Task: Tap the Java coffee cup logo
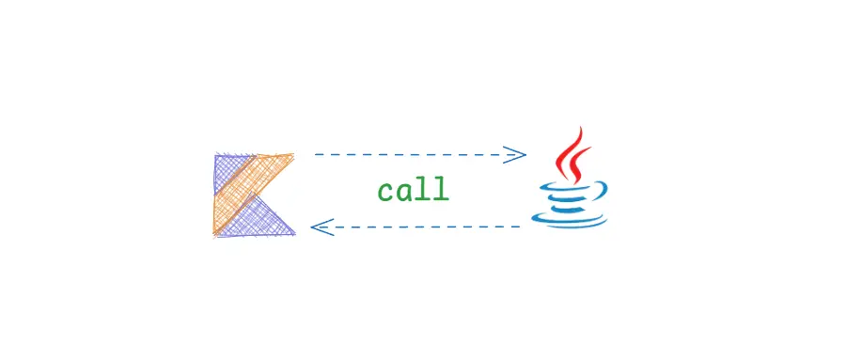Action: tap(571, 179)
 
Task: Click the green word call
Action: tap(414, 190)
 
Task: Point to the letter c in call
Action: tap(386, 192)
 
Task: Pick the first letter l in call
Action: tap(423, 189)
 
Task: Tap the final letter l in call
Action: tap(441, 189)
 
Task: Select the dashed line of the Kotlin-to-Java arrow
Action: tap(414, 153)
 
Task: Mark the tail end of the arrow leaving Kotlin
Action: tap(317, 153)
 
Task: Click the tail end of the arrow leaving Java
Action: tap(519, 227)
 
